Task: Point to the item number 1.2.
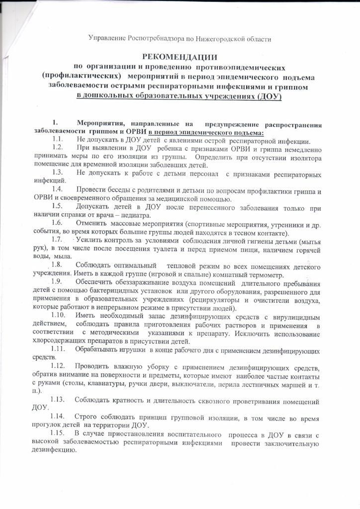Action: pos(58,148)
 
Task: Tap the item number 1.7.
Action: pos(59,240)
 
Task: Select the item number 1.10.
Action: pos(60,317)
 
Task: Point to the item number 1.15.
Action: pos(60,435)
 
